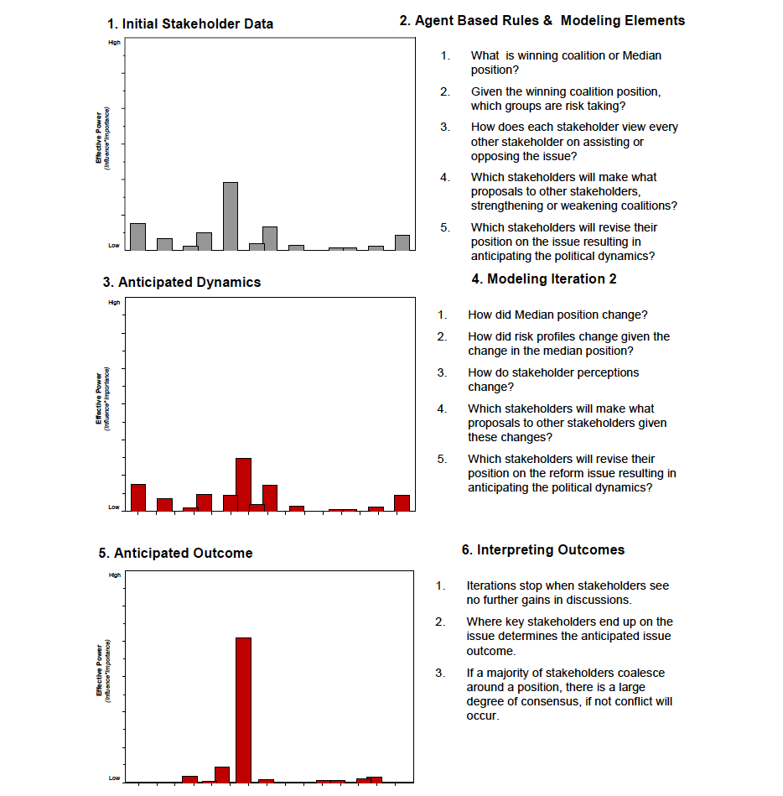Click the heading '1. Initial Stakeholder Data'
click(189, 23)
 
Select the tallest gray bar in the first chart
click(231, 216)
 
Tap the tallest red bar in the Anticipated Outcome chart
click(244, 709)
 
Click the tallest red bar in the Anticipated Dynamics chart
click(244, 484)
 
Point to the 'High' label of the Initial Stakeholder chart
click(114, 42)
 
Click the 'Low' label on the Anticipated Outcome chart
click(114, 778)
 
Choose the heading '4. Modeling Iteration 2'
click(544, 278)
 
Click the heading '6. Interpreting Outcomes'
click(542, 549)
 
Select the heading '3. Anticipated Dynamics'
click(182, 282)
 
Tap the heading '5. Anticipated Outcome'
click(175, 553)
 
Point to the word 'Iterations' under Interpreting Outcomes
click(493, 585)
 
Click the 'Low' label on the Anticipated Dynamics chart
click(114, 507)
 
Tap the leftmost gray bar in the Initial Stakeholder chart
click(138, 237)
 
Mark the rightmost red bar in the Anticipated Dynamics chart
click(402, 502)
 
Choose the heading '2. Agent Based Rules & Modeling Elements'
click(542, 20)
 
